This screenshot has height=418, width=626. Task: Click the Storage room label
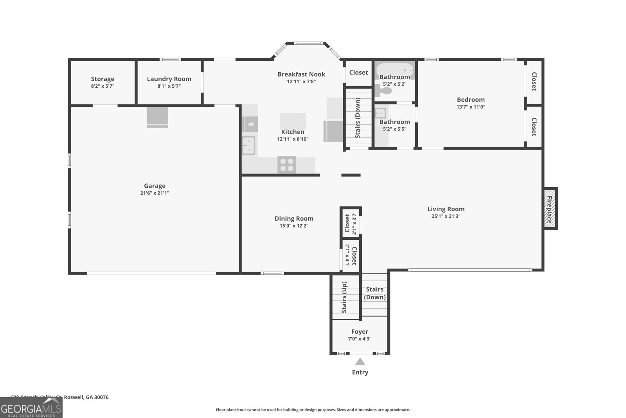[x=103, y=79]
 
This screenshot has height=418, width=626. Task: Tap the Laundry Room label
[x=169, y=79]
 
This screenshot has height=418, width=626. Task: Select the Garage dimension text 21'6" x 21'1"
[x=155, y=193]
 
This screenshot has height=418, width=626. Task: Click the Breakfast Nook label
[x=301, y=74]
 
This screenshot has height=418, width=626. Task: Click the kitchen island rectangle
[x=293, y=121]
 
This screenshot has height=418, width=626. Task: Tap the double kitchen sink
[x=248, y=145]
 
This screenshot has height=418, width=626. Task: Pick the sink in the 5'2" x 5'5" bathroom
[x=380, y=114]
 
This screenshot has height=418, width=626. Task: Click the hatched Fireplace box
[x=550, y=208]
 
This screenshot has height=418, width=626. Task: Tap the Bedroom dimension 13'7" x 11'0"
[x=471, y=107]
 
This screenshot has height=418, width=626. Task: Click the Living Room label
[x=446, y=209]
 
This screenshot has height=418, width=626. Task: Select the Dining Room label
[x=294, y=219]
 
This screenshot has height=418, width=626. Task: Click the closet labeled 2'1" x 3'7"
[x=350, y=223]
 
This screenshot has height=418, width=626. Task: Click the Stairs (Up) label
[x=344, y=297]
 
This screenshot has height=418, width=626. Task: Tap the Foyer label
[x=360, y=332]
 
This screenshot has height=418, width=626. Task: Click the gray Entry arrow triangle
[x=360, y=362]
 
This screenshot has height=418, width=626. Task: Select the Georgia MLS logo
[x=31, y=408]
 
